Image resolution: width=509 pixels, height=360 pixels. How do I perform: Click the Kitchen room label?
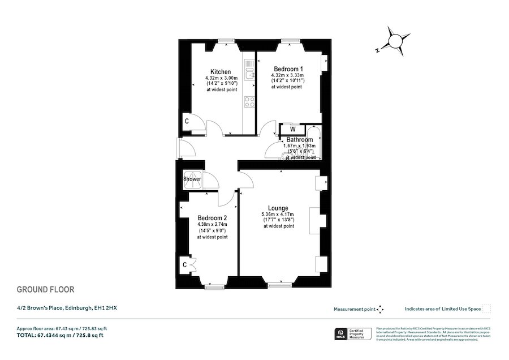coord(221,72)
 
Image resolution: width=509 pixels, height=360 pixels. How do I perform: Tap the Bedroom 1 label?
coord(288,69)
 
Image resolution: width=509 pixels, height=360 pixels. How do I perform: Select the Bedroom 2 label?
coord(212,218)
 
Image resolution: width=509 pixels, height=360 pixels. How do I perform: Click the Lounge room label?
coord(278,208)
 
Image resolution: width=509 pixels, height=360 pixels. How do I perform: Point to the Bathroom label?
coord(299,140)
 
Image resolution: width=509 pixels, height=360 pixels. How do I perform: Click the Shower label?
coord(192,179)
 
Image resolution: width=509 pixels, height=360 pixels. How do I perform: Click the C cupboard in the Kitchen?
coord(187,122)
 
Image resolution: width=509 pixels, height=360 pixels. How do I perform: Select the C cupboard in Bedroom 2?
coord(184,264)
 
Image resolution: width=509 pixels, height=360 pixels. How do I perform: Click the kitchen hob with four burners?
coord(249,102)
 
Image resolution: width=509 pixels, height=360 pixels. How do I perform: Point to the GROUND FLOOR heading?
coord(45,290)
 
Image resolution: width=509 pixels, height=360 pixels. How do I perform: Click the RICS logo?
coord(341,333)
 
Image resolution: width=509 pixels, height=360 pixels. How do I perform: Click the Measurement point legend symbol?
coord(381,309)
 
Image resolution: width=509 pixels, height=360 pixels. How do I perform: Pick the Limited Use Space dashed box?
coord(486,309)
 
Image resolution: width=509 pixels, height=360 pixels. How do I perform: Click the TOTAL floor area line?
coord(60,335)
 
